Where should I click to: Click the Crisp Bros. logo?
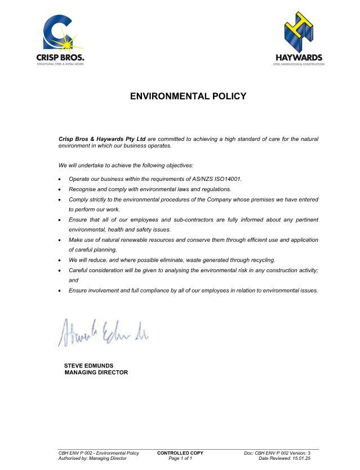pyautogui.click(x=60, y=40)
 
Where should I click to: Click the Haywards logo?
pyautogui.click(x=299, y=40)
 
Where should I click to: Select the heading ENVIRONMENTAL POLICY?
pyautogui.click(x=188, y=96)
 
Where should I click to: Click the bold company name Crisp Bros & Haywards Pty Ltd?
pyautogui.click(x=102, y=139)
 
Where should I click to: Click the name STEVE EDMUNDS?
pyautogui.click(x=88, y=366)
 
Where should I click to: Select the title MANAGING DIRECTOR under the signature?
pyautogui.click(x=96, y=373)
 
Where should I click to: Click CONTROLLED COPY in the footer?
pyautogui.click(x=180, y=453)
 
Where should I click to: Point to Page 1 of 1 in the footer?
pyautogui.click(x=180, y=459)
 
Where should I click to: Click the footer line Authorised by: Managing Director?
pyautogui.click(x=93, y=459)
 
